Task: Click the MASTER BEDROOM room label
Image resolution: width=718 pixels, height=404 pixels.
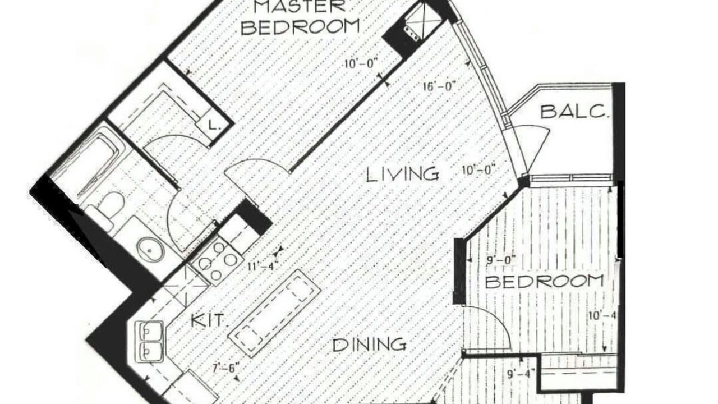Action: point(300,17)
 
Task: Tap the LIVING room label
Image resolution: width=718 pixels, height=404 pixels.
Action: point(403,175)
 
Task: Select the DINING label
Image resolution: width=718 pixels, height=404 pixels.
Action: point(370,345)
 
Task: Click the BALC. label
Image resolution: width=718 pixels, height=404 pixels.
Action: point(574,112)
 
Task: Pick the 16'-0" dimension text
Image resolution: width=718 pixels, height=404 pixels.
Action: point(439,86)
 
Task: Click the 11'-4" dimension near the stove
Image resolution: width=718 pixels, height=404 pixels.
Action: point(261,266)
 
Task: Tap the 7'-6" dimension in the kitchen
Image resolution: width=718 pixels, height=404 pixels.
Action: point(226,368)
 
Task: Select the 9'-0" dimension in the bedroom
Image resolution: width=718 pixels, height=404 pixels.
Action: point(500,259)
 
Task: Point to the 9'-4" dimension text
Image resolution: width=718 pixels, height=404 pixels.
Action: point(521,374)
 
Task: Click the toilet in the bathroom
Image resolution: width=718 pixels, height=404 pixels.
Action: point(106,208)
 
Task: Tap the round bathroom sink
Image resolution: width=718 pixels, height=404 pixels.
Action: point(151,251)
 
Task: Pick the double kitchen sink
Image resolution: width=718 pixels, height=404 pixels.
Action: point(149,342)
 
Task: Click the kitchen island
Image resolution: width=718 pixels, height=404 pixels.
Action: point(275,314)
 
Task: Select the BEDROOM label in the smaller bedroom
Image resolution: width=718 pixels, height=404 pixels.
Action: point(544,282)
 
